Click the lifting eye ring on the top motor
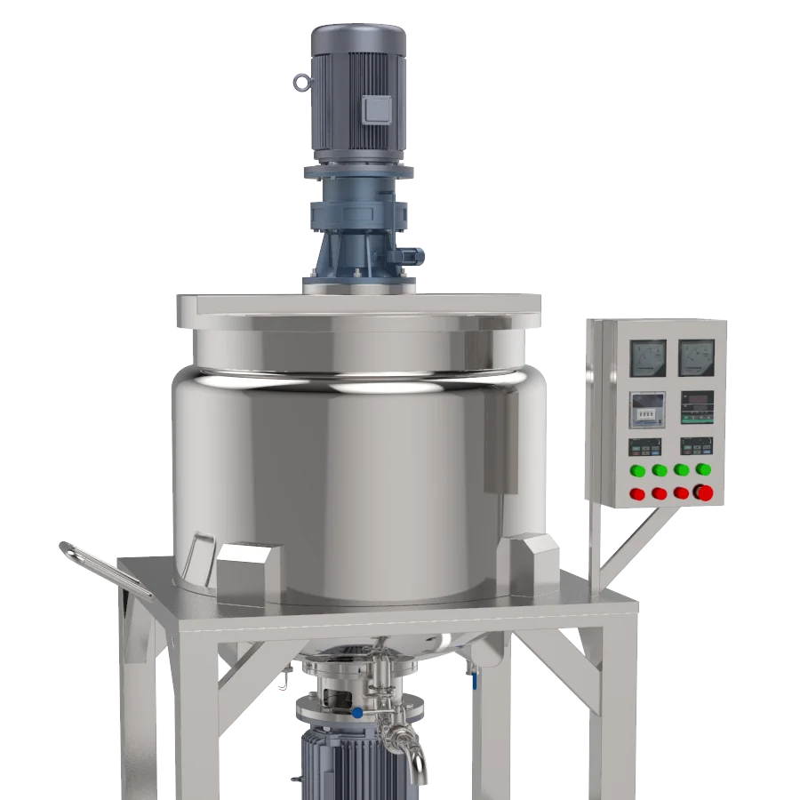click(x=300, y=83)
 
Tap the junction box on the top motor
click(x=377, y=108)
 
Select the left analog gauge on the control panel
click(x=647, y=357)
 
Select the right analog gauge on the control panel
click(x=696, y=357)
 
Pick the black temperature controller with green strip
click(x=696, y=408)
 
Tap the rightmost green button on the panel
click(x=703, y=469)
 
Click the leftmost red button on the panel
click(x=637, y=493)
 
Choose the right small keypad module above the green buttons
click(x=696, y=445)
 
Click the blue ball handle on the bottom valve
click(x=356, y=712)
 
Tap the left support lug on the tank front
click(x=247, y=568)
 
